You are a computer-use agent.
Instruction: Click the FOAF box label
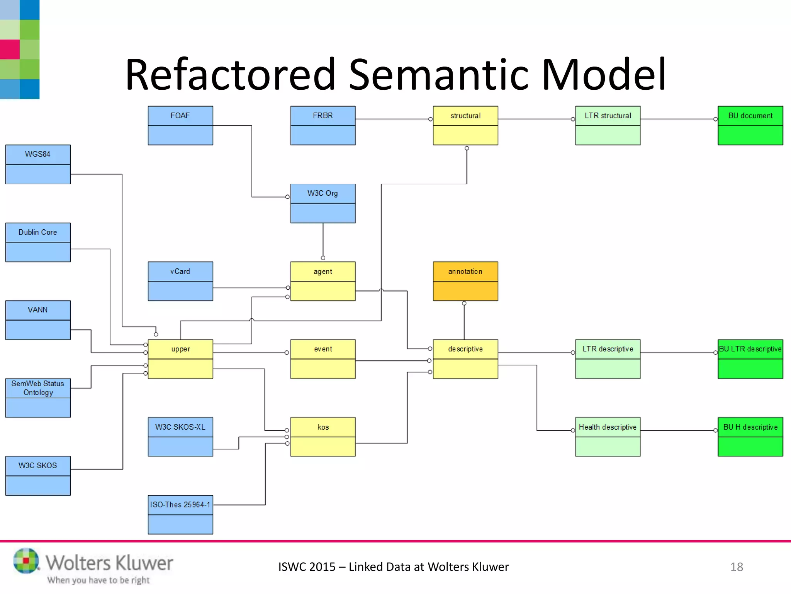coord(180,116)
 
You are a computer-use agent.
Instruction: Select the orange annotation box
coord(465,281)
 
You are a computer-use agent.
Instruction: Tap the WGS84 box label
coord(37,154)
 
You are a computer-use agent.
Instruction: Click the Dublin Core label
coord(37,232)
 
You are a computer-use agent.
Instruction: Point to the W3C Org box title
coord(323,193)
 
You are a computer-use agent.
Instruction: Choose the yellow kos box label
coord(323,427)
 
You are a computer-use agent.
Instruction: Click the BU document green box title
coord(750,116)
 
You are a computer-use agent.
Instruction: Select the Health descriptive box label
coord(607,427)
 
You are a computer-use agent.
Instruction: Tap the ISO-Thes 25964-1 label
coord(180,505)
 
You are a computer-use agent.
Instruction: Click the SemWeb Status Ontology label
coord(37,388)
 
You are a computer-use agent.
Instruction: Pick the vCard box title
coord(180,271)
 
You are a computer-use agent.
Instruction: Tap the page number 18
coord(736,567)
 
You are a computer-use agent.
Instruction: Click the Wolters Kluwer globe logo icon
coord(26,560)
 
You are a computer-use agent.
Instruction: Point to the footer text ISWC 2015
coord(307,567)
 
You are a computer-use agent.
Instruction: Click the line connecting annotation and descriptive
coord(464,321)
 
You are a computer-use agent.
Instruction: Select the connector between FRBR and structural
coord(392,119)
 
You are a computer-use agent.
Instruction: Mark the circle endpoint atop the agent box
coord(323,258)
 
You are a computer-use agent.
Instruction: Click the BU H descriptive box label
coord(750,427)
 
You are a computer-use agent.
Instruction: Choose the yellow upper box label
coord(180,349)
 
